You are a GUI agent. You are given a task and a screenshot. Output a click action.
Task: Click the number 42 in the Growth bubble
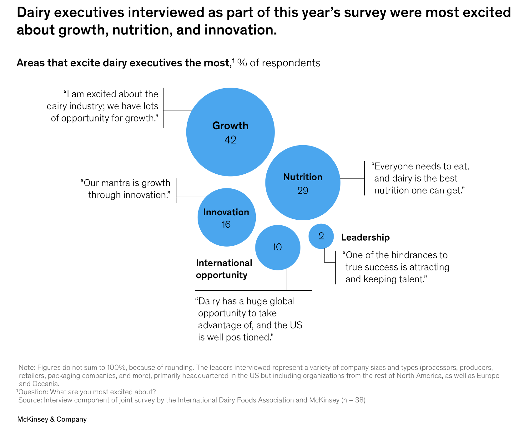[230, 140]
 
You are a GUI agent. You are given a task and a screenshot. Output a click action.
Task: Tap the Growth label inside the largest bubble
[230, 126]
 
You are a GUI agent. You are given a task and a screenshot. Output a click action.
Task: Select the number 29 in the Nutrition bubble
[303, 191]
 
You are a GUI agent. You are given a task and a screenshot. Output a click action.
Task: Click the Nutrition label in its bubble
[303, 177]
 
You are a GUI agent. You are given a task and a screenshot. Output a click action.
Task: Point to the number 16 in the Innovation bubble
[226, 225]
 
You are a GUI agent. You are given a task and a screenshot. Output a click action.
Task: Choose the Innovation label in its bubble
[226, 212]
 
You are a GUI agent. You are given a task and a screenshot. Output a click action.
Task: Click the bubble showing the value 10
[277, 247]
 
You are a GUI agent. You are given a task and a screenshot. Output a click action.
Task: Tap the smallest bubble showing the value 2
[321, 236]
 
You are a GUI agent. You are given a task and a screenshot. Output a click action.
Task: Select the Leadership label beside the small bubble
[365, 238]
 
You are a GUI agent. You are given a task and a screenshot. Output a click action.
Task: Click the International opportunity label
[224, 269]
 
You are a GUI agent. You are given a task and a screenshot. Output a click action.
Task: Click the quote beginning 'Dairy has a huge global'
[249, 319]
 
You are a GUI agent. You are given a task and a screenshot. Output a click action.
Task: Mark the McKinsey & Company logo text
[52, 419]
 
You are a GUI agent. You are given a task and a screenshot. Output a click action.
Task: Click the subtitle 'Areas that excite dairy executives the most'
[124, 63]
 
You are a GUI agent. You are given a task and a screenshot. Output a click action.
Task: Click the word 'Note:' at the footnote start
[27, 367]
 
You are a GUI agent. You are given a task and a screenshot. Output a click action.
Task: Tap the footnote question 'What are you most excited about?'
[103, 392]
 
